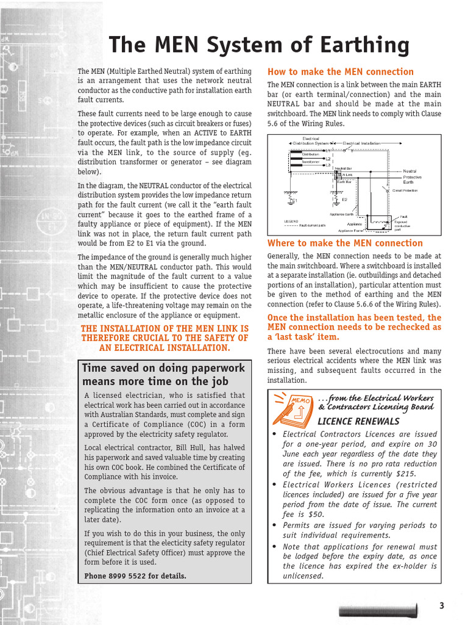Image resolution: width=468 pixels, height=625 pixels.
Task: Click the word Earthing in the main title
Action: point(360,46)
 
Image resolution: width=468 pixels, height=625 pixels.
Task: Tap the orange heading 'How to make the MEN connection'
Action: point(340,71)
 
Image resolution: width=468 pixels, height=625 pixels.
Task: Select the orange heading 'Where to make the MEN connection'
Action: point(345,243)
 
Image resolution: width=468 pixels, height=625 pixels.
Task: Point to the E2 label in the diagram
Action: point(344,200)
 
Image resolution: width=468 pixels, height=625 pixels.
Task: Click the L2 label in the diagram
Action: point(328,159)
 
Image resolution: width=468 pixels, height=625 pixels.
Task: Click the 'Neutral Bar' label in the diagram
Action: point(343,168)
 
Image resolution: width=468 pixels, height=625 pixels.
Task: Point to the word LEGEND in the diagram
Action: point(291,221)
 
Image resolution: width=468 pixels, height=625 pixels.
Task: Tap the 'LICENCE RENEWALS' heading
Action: point(358,421)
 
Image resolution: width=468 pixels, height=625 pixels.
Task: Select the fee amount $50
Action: point(316,514)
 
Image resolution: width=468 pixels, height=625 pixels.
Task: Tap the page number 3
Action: point(442,605)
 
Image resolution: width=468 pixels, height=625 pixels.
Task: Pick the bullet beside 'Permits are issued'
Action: point(275,526)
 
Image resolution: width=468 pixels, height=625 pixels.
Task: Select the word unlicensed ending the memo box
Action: point(303,576)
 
